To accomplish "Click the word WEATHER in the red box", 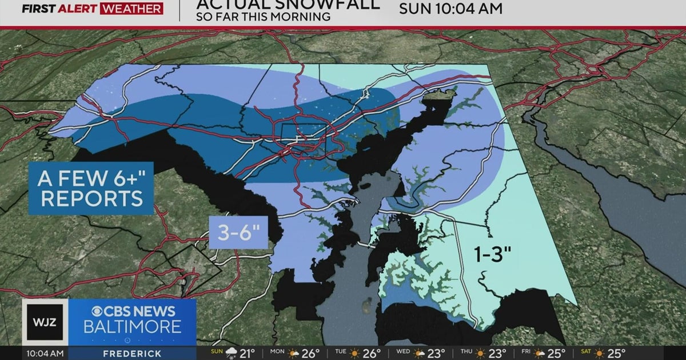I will point(131,9).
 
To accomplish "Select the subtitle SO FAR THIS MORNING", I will point(263,17).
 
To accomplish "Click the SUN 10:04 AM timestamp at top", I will point(450,9).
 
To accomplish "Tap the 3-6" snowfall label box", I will point(238,233).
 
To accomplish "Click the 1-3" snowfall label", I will point(491,253).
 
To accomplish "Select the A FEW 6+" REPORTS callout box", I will point(90,189).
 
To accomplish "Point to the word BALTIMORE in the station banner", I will point(132,327).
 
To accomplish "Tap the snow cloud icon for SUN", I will point(232,353).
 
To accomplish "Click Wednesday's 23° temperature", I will point(441,353).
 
